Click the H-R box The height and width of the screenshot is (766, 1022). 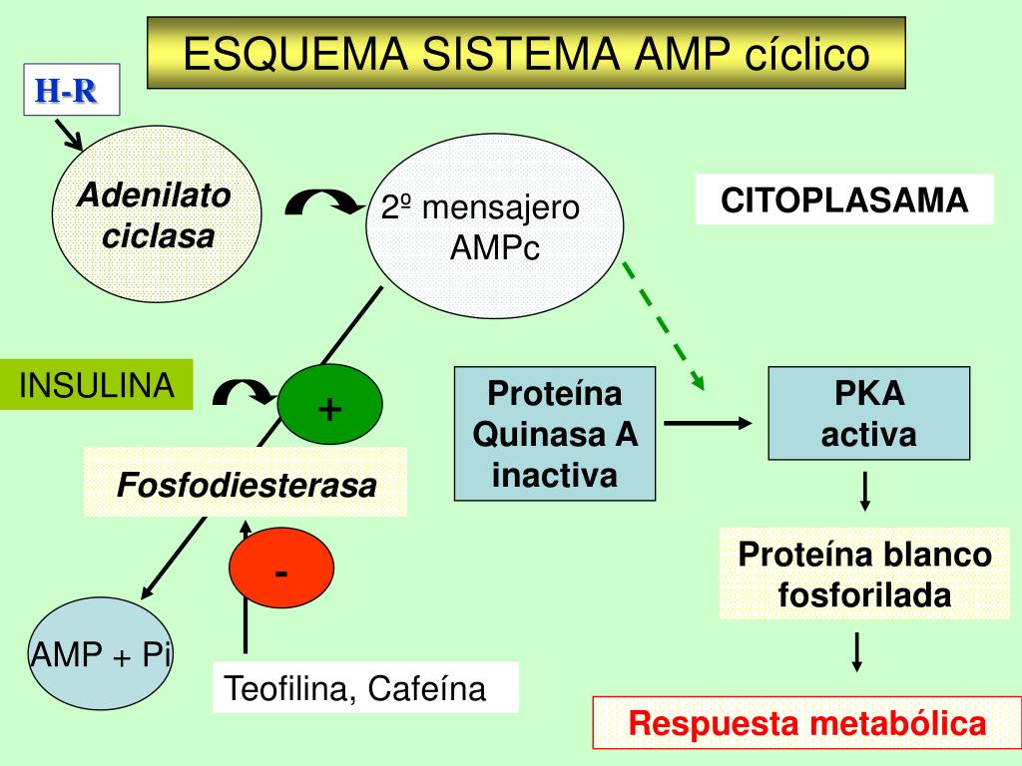(72, 90)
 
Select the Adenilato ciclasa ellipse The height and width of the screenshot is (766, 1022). (157, 213)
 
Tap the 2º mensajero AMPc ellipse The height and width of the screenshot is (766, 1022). (494, 226)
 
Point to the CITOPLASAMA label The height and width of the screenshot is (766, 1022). (844, 199)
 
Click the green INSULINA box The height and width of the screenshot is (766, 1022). (97, 384)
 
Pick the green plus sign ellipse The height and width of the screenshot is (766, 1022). (329, 405)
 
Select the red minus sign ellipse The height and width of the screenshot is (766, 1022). (281, 568)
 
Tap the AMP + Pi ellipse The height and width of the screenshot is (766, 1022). (101, 653)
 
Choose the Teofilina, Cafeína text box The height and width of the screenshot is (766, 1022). (365, 688)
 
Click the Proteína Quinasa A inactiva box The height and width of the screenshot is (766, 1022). (555, 434)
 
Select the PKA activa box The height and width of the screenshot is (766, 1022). (869, 414)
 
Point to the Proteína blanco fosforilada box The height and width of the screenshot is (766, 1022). (864, 574)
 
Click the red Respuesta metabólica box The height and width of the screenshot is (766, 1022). (806, 723)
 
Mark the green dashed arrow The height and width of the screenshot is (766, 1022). (664, 326)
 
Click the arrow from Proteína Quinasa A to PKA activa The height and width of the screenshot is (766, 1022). (708, 423)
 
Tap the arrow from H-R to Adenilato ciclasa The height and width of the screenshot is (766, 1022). (69, 135)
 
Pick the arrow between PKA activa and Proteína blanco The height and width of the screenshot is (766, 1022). (865, 492)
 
